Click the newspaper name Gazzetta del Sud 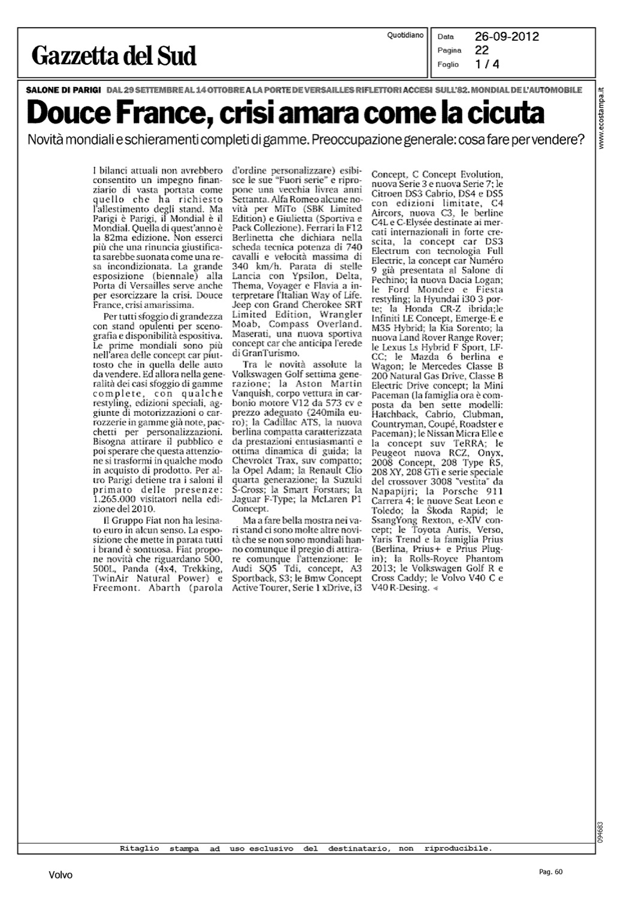114,56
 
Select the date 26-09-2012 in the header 507,37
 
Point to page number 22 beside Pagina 481,50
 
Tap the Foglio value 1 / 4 486,64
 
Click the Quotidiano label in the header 405,35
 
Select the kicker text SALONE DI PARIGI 63,90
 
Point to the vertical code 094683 600,832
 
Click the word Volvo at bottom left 61,875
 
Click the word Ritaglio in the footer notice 139,848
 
